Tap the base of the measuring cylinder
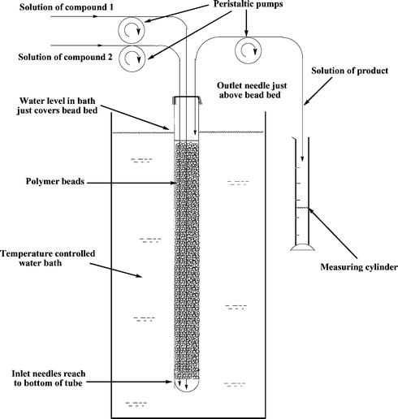click(x=302, y=248)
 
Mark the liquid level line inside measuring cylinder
click(x=301, y=209)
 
